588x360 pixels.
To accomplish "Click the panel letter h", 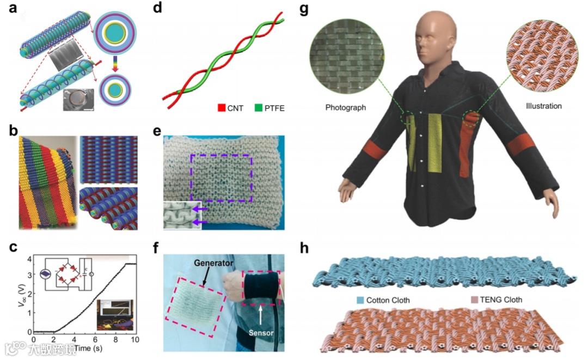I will click(306, 249).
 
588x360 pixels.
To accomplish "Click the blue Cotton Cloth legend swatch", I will click(360, 299).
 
